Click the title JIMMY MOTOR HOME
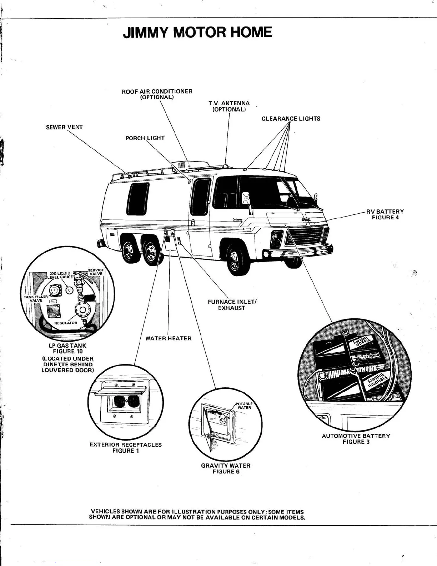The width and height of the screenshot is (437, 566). click(x=197, y=33)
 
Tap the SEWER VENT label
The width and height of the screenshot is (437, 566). click(x=64, y=127)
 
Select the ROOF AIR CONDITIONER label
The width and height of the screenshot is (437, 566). click(x=157, y=94)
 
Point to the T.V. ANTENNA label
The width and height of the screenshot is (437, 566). click(x=229, y=106)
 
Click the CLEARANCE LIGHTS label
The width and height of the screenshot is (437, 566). click(x=291, y=119)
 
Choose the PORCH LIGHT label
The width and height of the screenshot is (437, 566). click(x=145, y=138)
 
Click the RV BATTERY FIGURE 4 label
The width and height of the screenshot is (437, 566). click(x=385, y=214)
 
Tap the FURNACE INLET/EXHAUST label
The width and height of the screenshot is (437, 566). click(x=232, y=305)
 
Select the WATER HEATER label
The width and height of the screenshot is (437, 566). click(x=169, y=338)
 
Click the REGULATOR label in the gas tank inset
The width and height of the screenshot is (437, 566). click(x=66, y=323)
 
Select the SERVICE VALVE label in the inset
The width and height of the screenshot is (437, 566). click(x=96, y=272)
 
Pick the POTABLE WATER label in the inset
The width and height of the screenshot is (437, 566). click(x=244, y=406)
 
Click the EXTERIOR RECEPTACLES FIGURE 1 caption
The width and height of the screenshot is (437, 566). click(x=125, y=448)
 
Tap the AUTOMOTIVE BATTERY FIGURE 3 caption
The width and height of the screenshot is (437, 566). click(x=356, y=439)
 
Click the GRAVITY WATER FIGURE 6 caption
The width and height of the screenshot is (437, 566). click(x=226, y=468)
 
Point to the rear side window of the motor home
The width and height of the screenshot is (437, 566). click(x=138, y=199)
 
